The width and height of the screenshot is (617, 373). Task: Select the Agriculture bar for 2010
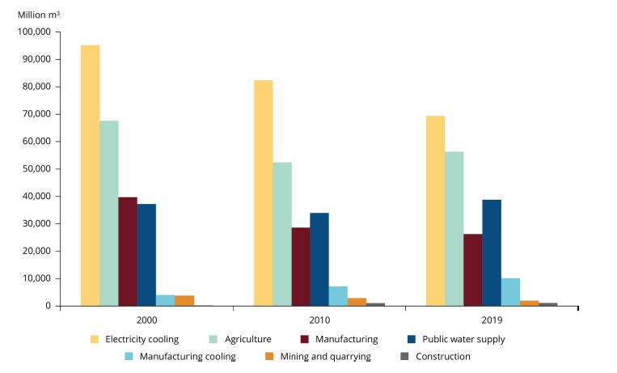tap(282, 234)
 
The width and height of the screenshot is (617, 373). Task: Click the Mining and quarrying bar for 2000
tap(184, 300)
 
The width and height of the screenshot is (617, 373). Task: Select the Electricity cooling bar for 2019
tap(435, 210)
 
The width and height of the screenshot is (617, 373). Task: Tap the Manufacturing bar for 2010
tap(301, 266)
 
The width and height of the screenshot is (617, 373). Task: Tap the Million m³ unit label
tap(39, 15)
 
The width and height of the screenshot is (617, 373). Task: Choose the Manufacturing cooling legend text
tap(188, 356)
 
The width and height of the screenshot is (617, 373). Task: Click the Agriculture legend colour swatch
tap(214, 339)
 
